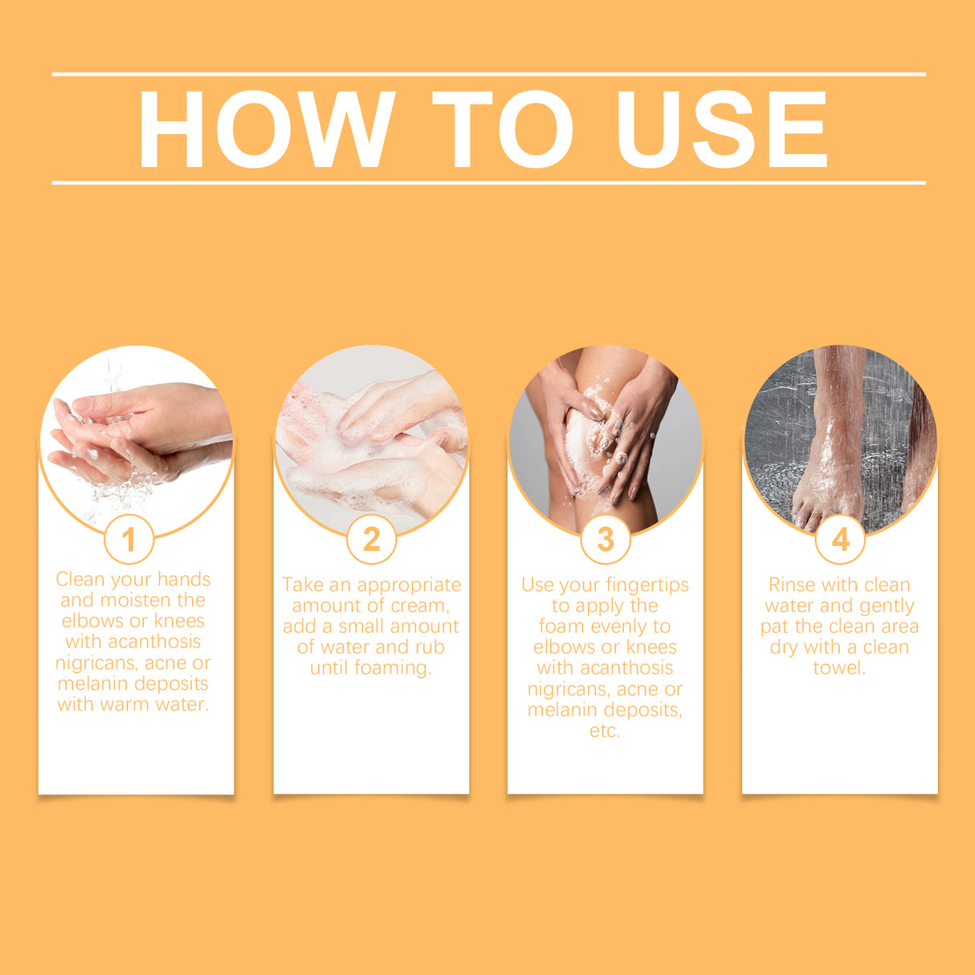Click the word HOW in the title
click(267, 129)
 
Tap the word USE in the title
click(722, 129)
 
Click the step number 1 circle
click(129, 539)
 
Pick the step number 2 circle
click(371, 539)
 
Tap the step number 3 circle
click(605, 539)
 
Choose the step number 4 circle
click(840, 539)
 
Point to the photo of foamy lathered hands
click(371, 439)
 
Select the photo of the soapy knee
click(606, 439)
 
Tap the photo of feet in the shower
click(840, 439)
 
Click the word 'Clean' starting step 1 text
click(80, 579)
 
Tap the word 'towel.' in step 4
click(839, 668)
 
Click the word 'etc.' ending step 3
click(605, 731)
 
